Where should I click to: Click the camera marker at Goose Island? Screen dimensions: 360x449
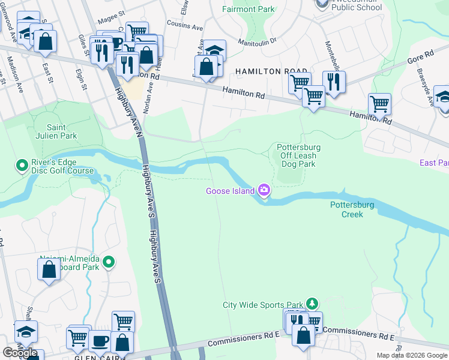pyautogui.click(x=264, y=191)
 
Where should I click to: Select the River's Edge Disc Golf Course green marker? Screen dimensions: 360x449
pyautogui.click(x=22, y=164)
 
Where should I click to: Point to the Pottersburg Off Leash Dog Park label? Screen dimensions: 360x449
pyautogui.click(x=298, y=155)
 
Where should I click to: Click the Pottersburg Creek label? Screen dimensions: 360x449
pyautogui.click(x=352, y=209)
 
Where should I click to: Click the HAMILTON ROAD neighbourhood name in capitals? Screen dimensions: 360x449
pyautogui.click(x=267, y=71)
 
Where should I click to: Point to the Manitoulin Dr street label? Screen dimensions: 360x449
pyautogui.click(x=257, y=41)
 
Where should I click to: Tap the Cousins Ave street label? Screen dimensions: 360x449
pyautogui.click(x=184, y=26)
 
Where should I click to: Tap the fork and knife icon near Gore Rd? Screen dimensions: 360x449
pyautogui.click(x=334, y=82)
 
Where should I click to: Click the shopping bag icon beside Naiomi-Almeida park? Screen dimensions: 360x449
pyautogui.click(x=49, y=269)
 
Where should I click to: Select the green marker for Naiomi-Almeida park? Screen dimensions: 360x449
pyautogui.click(x=109, y=262)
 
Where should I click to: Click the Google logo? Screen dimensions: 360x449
pyautogui.click(x=20, y=353)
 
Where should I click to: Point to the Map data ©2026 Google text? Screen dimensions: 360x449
pyautogui.click(x=412, y=355)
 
